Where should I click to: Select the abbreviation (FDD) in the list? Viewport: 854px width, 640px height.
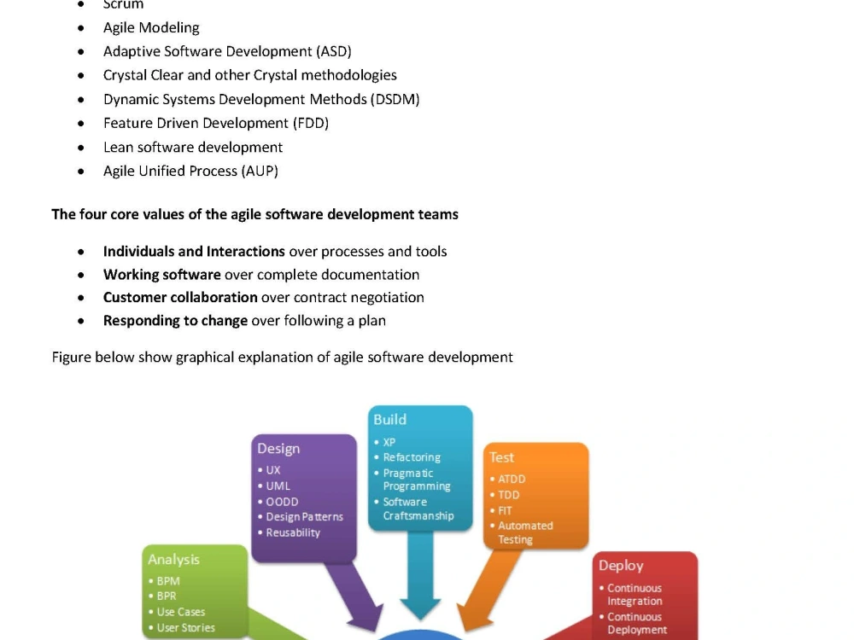click(311, 124)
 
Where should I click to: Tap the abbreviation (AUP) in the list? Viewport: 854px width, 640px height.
click(260, 172)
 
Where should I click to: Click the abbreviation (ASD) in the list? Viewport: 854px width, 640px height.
click(334, 52)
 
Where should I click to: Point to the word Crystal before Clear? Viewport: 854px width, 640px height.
click(125, 75)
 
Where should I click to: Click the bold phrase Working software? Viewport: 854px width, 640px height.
click(161, 275)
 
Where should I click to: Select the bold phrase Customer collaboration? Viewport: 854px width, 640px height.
click(180, 298)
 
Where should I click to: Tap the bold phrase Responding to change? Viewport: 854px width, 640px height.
click(175, 321)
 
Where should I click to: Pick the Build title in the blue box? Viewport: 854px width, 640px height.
click(390, 420)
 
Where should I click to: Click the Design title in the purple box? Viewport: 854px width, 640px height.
click(278, 449)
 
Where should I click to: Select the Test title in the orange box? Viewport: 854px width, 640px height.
click(501, 457)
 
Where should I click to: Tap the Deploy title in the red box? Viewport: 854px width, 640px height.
click(621, 566)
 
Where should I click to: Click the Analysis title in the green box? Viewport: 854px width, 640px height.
click(173, 560)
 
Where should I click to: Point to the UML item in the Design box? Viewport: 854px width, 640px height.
click(278, 486)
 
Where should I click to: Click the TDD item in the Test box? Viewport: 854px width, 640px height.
click(509, 495)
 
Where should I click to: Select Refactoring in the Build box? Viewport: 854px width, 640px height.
click(412, 457)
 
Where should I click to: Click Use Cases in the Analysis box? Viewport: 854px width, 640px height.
click(181, 612)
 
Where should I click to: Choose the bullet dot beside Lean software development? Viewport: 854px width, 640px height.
click(81, 148)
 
